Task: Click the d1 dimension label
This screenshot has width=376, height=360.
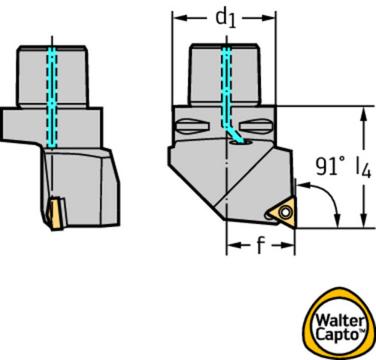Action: [x=226, y=19]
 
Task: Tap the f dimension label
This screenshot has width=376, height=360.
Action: [x=261, y=245]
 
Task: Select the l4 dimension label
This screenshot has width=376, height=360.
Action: [x=364, y=168]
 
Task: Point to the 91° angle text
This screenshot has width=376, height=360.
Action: [x=330, y=166]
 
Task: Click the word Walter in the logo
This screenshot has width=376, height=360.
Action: [x=340, y=321]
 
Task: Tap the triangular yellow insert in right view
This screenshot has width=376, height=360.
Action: [x=285, y=213]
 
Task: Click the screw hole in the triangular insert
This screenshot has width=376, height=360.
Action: [x=285, y=212]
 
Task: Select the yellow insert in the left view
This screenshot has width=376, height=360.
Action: [x=56, y=213]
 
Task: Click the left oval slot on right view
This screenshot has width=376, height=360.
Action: [x=193, y=126]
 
